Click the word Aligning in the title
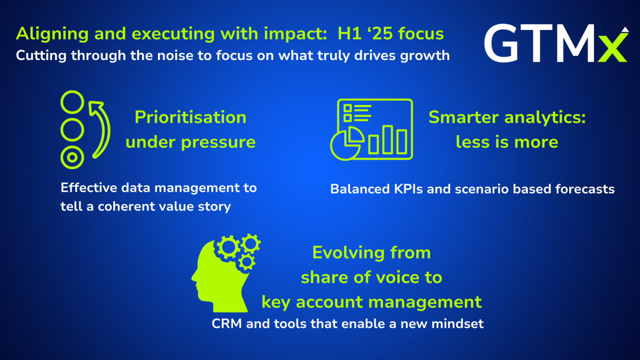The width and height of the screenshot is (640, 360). [x=52, y=34]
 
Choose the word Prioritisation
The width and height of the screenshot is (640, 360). [x=191, y=117]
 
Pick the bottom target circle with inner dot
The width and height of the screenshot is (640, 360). [x=72, y=157]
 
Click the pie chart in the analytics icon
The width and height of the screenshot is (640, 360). [x=346, y=144]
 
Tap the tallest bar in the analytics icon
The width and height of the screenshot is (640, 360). [x=387, y=140]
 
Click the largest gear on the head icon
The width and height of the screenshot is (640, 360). [x=228, y=247]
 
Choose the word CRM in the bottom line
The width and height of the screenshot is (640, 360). [x=227, y=324]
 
